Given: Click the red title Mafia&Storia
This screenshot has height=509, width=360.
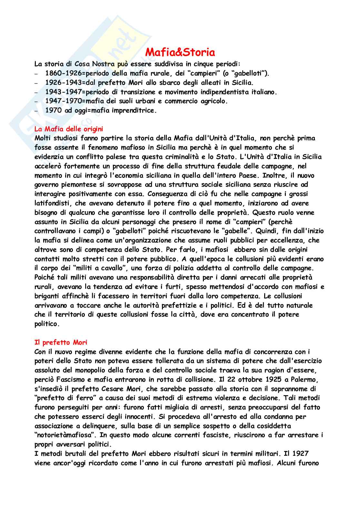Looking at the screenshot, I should point(180,52).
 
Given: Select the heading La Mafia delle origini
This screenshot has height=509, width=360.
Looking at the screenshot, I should point(68,129).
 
